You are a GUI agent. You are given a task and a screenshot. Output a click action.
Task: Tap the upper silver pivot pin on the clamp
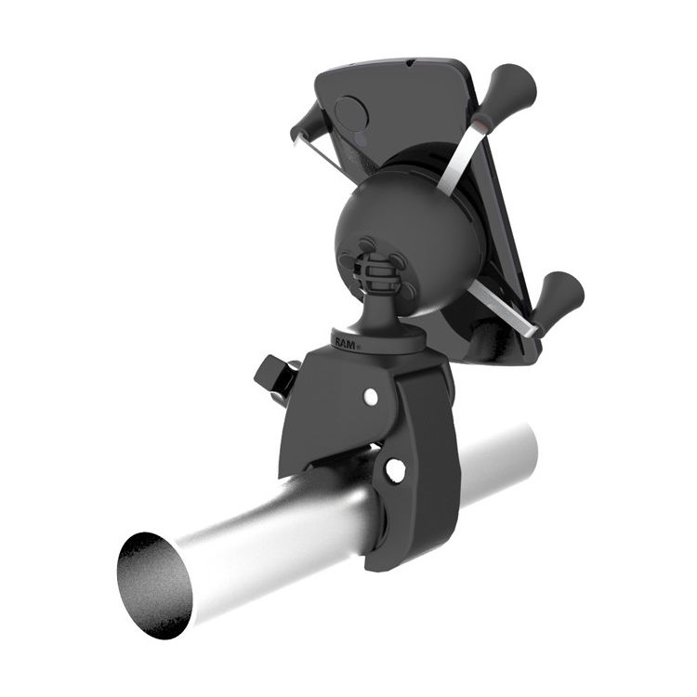pos(371,397)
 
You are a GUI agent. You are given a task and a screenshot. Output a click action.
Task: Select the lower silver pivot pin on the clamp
pos(395,469)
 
